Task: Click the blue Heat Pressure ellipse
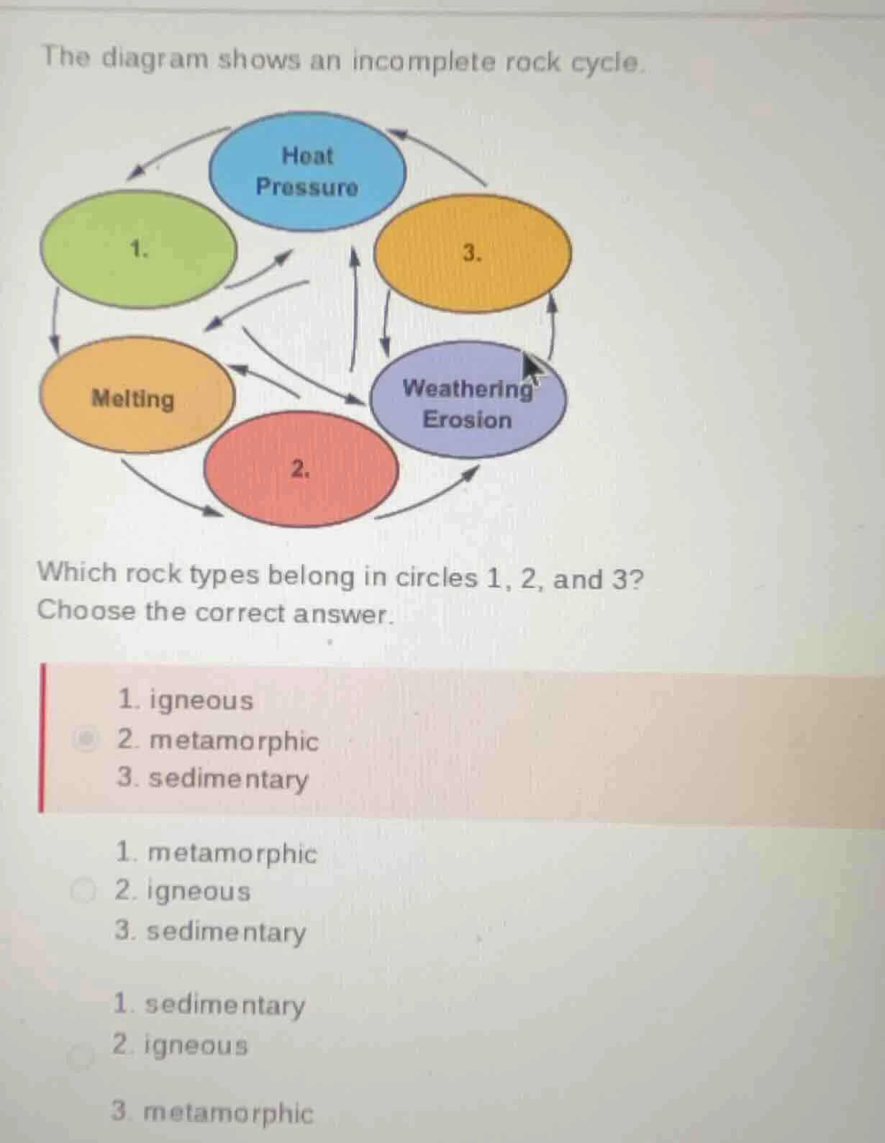tap(308, 171)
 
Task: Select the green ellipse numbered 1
tap(138, 250)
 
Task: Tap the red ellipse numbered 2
tap(301, 470)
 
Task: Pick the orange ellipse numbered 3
tap(473, 252)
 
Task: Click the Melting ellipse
tap(135, 398)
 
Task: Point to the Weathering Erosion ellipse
tap(468, 403)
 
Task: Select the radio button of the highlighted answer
tap(86, 739)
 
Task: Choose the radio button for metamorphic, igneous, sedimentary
tap(83, 891)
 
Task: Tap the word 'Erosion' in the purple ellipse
tap(467, 419)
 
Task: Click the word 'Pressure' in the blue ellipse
tap(307, 188)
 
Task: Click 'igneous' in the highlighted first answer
tap(201, 700)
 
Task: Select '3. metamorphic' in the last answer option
tap(213, 1112)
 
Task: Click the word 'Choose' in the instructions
tap(86, 611)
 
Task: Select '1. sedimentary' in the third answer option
tap(209, 1004)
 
